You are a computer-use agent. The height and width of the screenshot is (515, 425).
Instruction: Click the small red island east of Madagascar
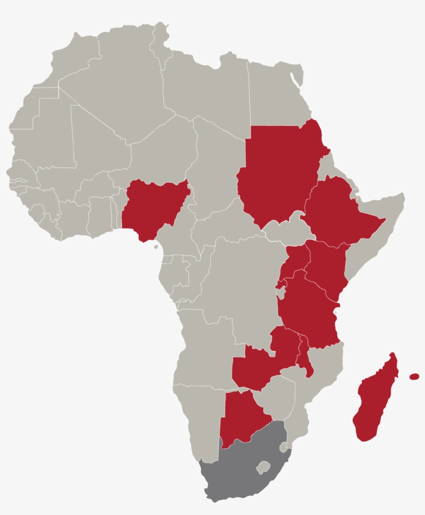click(414, 377)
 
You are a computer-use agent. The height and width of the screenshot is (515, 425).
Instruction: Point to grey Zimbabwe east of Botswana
click(277, 396)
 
